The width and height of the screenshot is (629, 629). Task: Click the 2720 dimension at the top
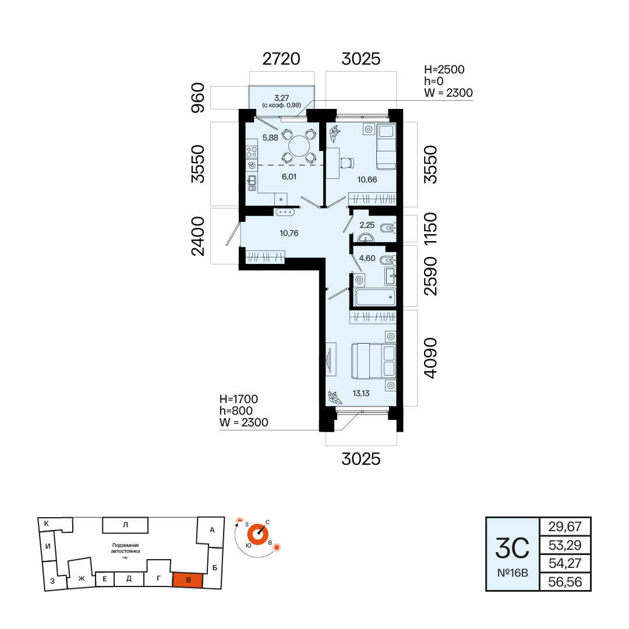(x=281, y=59)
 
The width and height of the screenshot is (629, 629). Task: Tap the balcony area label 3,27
(x=282, y=97)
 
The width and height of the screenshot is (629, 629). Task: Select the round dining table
(x=299, y=145)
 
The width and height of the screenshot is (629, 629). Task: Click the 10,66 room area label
(x=367, y=179)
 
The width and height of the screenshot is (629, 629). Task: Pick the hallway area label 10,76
(x=289, y=233)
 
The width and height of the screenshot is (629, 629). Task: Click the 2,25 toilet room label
(x=367, y=225)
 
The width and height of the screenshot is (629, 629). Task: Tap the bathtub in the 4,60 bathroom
(x=375, y=297)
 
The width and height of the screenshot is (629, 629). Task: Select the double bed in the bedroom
(x=373, y=361)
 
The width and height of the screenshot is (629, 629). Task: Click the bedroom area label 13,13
(x=361, y=393)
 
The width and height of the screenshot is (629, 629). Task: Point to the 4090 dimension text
(x=430, y=358)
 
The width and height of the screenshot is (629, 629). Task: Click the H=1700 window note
(x=239, y=399)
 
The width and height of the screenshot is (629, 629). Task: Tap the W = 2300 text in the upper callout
(x=448, y=93)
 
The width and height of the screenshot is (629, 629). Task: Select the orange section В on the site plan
(x=188, y=580)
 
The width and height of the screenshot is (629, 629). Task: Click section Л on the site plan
(x=125, y=525)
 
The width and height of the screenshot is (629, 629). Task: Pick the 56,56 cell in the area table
(x=565, y=582)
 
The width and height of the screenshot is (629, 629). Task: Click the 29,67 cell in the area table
(x=565, y=526)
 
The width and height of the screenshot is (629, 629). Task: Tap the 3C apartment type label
(x=513, y=549)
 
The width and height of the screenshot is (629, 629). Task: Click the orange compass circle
(x=257, y=535)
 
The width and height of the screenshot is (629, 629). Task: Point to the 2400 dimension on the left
(x=198, y=236)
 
